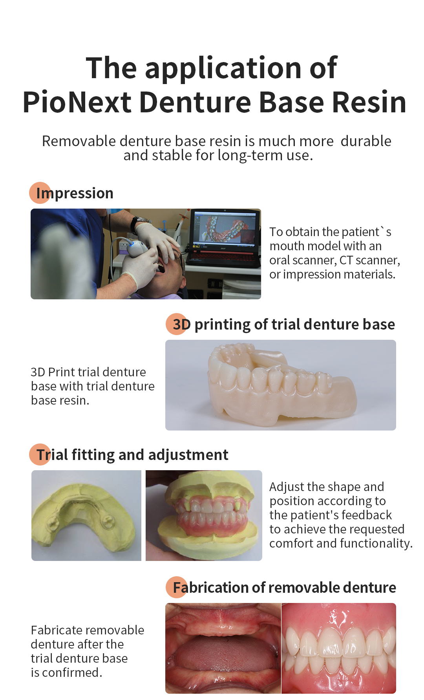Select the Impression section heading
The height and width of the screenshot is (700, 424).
[x=75, y=193]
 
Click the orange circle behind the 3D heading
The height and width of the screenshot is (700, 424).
[x=177, y=324]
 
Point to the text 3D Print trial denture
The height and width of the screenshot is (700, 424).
[x=88, y=372]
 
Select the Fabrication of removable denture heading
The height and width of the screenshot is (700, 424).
[x=285, y=588]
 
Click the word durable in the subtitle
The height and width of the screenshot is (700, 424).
[x=366, y=141]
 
